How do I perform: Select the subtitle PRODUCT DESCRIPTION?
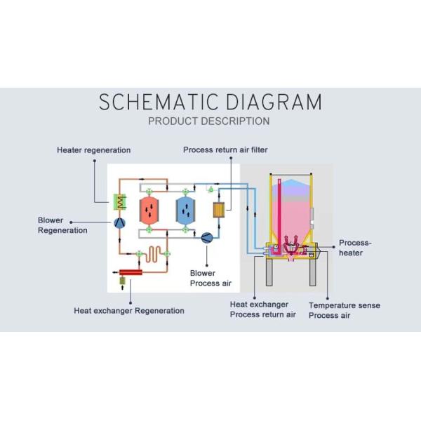tap(209, 121)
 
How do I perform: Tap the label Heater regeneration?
tap(93, 150)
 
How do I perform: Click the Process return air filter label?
tap(225, 150)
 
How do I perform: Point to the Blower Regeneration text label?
tap(62, 225)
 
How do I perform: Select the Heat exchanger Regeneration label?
tap(129, 310)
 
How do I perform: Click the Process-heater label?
tap(355, 248)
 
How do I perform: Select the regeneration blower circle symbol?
tap(119, 222)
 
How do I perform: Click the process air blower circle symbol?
tap(207, 237)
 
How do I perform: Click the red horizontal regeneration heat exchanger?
tap(131, 272)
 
